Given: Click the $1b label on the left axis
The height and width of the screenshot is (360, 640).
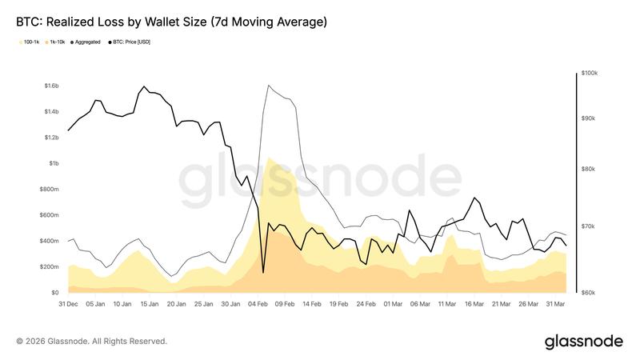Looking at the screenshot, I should click(x=52, y=163).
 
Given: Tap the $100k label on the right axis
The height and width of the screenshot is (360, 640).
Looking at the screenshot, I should click(x=590, y=74).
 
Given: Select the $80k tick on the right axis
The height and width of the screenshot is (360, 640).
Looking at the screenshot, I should click(x=588, y=170).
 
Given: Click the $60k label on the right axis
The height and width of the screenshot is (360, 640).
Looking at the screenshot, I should click(x=588, y=293).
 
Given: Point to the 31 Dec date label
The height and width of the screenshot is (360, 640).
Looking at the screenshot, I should click(x=68, y=304).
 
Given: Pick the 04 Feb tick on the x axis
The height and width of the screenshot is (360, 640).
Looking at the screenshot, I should click(x=258, y=304).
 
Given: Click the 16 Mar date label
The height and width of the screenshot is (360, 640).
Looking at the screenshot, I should click(x=475, y=304).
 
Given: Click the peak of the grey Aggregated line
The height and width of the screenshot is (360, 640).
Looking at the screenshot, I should click(x=268, y=86).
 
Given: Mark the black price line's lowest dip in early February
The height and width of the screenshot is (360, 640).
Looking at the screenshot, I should click(x=263, y=273).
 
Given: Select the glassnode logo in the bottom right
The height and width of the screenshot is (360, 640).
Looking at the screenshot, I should click(x=583, y=342).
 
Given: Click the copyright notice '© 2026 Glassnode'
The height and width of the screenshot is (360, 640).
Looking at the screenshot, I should click(x=92, y=342).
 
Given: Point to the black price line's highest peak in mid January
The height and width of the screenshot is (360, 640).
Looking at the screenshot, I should click(x=144, y=86).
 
